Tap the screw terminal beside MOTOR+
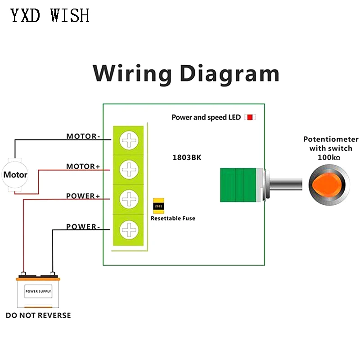129,170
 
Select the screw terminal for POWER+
129,199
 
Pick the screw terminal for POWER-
129,230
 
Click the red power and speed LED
249,117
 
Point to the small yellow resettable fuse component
158,206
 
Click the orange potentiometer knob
328,184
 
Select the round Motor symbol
15,175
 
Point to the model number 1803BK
187,157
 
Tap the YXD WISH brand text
50,16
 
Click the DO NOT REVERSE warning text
38,315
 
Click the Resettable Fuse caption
173,218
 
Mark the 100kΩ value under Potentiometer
330,158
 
